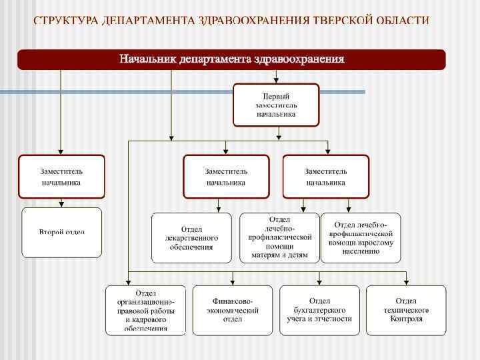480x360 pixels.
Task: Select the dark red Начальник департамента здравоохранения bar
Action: (231, 59)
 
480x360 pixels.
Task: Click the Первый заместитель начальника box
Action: (276, 105)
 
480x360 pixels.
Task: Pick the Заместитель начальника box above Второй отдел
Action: (61, 177)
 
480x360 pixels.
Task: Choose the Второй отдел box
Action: (61, 232)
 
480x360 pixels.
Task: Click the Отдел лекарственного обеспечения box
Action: (191, 238)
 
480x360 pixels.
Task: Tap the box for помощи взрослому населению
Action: (361, 237)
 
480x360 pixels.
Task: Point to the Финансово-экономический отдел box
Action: (232, 310)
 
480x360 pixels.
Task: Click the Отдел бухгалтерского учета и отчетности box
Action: (319, 310)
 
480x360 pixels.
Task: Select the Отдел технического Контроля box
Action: (406, 310)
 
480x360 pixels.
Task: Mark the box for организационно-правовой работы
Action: (146, 310)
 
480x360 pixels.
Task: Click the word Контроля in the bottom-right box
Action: (406, 319)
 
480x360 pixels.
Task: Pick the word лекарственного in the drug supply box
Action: (191, 238)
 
